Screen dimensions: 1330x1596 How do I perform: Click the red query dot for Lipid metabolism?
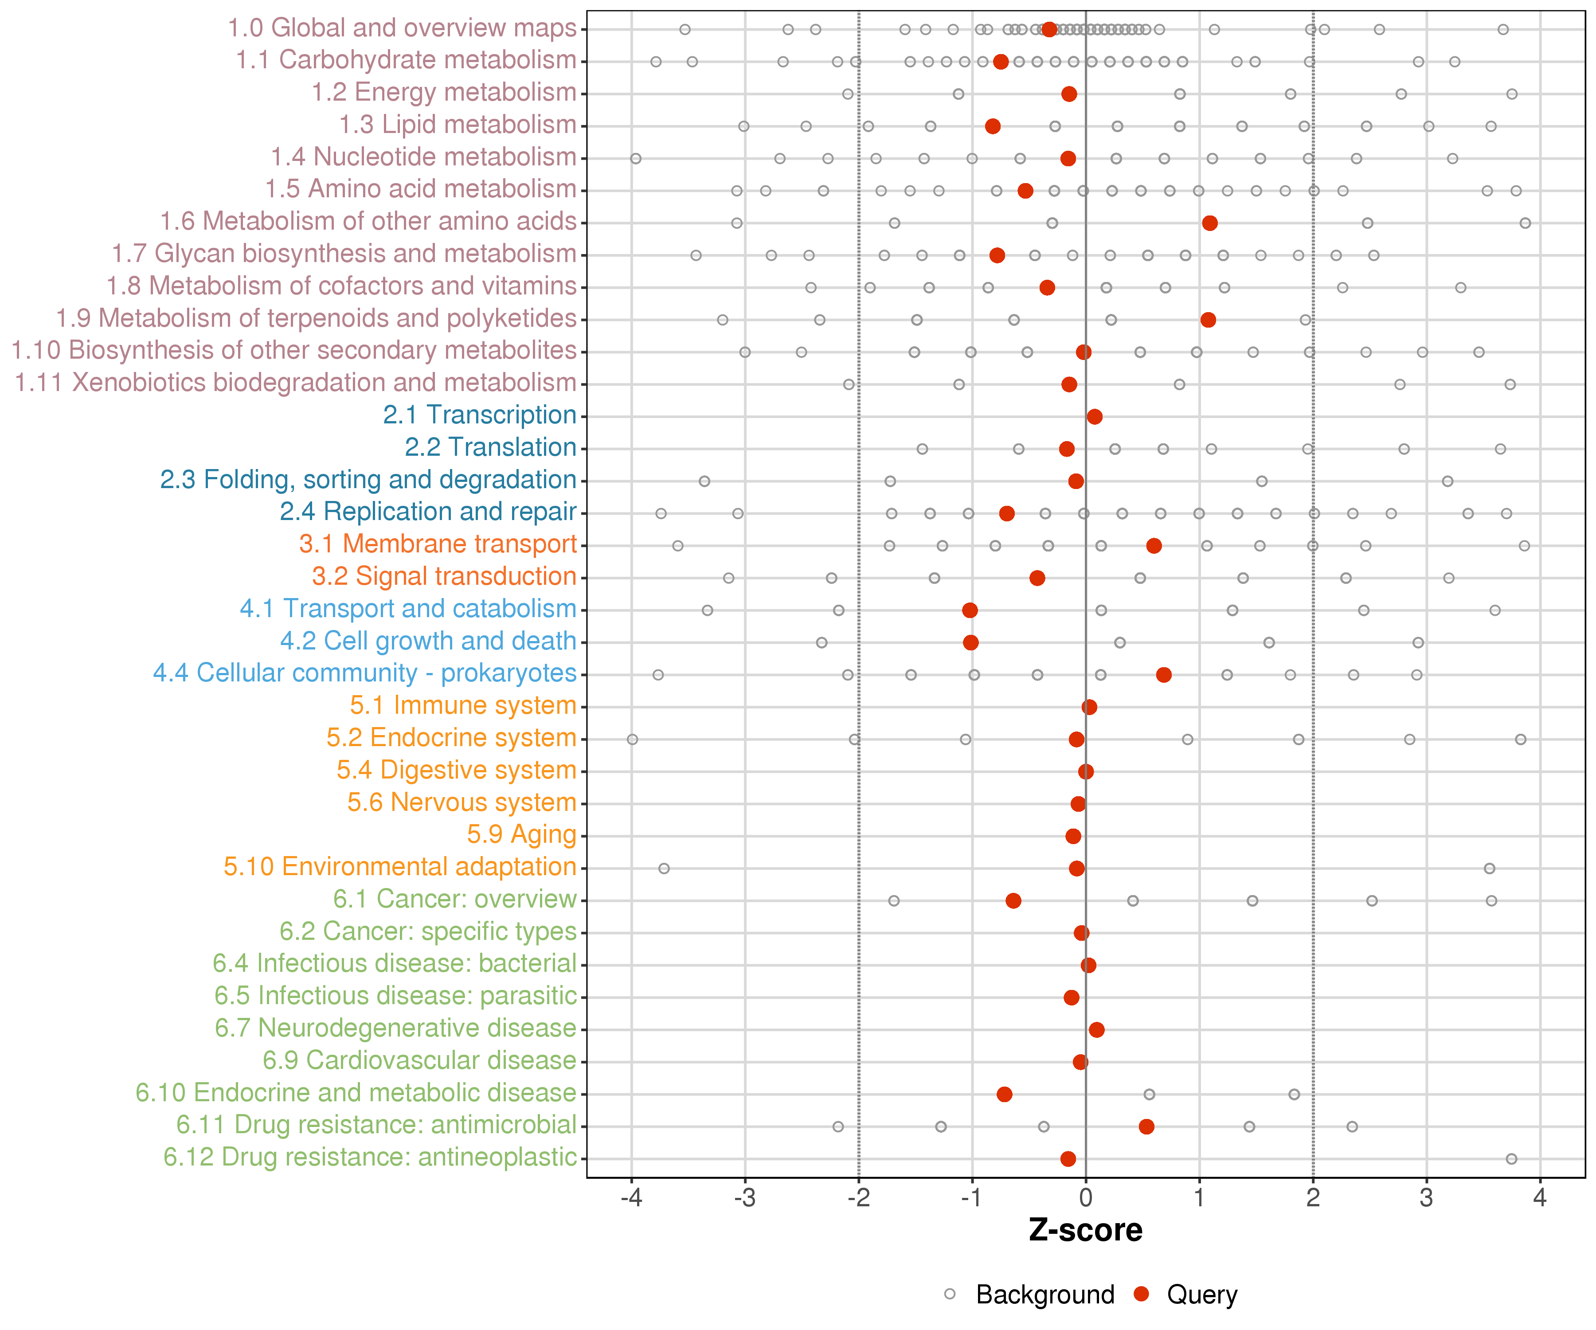(x=993, y=126)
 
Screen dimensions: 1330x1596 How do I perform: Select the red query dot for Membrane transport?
(x=1154, y=546)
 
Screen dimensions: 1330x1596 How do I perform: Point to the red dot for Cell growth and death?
(x=970, y=643)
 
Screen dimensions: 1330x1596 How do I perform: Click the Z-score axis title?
(x=1085, y=1230)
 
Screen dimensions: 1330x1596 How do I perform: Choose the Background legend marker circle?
(x=950, y=1294)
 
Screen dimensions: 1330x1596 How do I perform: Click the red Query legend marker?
(x=1141, y=1294)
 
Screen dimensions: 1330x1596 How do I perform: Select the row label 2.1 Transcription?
(x=480, y=415)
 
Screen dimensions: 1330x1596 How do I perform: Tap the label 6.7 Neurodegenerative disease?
(x=395, y=1028)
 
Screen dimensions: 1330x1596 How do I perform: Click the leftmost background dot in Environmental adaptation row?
(x=664, y=868)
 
